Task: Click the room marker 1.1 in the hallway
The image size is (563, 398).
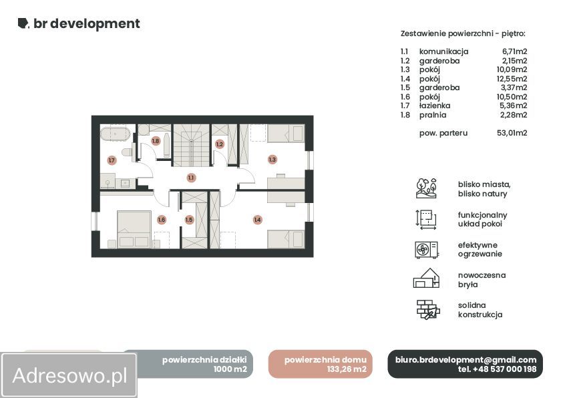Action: (x=190, y=178)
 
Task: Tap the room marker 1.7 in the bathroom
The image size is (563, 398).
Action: (x=112, y=160)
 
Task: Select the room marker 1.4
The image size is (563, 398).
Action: (x=257, y=220)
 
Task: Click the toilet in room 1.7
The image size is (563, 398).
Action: (x=127, y=152)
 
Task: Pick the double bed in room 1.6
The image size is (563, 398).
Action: (x=134, y=229)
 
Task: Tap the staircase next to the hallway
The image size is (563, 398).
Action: (x=191, y=146)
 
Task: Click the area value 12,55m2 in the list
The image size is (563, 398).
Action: (x=512, y=79)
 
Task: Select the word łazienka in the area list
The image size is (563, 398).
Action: (x=435, y=106)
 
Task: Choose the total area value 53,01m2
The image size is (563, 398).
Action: (x=512, y=133)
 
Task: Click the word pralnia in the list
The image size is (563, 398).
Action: (x=433, y=115)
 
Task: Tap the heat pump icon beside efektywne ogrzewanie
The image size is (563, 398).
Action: (x=426, y=250)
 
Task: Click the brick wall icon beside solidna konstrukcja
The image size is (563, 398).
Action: (x=428, y=309)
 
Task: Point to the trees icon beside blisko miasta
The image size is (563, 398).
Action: (x=426, y=188)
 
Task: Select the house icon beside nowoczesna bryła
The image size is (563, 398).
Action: (x=427, y=278)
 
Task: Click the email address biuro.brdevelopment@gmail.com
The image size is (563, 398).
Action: (x=465, y=359)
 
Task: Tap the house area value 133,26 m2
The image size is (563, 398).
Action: (x=347, y=369)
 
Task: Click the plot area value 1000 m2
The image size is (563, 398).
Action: (x=230, y=369)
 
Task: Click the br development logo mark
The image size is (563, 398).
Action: (x=23, y=23)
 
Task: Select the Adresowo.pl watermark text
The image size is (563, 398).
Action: (x=69, y=375)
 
